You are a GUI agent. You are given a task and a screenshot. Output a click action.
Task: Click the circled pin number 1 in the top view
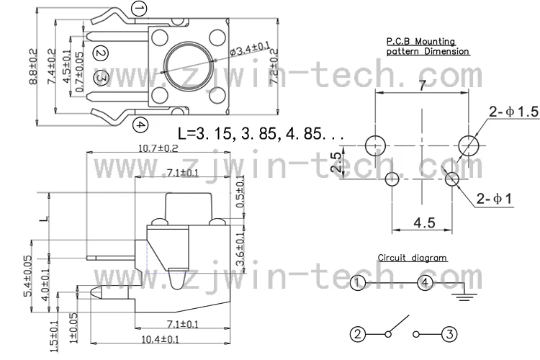pyautogui.click(x=140, y=9)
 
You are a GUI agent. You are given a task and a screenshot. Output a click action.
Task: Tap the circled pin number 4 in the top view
pyautogui.click(x=140, y=125)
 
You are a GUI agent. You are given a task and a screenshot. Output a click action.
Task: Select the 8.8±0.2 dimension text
pyautogui.click(x=33, y=68)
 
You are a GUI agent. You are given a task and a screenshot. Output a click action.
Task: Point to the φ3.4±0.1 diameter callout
pyautogui.click(x=248, y=49)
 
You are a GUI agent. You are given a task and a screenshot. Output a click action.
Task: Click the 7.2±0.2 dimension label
pyautogui.click(x=274, y=66)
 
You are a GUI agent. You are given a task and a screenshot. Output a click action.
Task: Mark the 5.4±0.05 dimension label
pyautogui.click(x=28, y=276)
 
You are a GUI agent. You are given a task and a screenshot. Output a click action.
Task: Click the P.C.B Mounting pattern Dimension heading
pyautogui.click(x=428, y=47)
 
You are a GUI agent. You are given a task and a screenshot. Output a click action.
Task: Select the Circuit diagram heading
pyautogui.click(x=412, y=257)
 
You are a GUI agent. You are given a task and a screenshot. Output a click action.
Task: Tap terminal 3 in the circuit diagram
pyautogui.click(x=450, y=333)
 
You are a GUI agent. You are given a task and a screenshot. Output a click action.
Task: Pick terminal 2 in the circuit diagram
pyautogui.click(x=358, y=333)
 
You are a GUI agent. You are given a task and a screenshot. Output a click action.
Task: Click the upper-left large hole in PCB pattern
pyautogui.click(x=374, y=145)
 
